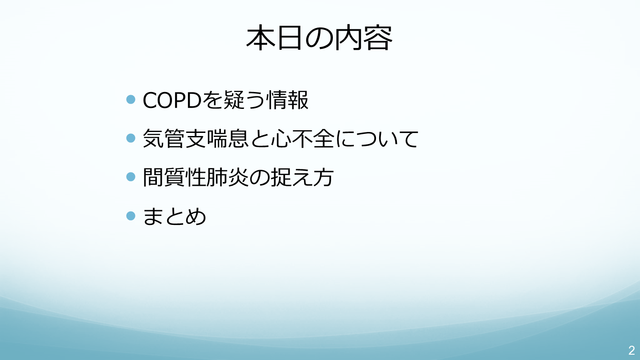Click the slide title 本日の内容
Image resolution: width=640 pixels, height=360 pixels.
(320, 38)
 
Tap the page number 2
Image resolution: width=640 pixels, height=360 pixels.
(632, 350)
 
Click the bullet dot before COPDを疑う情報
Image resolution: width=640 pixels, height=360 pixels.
(131, 100)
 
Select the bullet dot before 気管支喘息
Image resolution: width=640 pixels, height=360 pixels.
(131, 138)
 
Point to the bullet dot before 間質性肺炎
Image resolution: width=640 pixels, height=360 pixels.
(131, 176)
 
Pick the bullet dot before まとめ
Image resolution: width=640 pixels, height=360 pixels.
(131, 216)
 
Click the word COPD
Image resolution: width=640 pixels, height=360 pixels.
(172, 100)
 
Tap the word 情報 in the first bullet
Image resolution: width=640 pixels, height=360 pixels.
(287, 100)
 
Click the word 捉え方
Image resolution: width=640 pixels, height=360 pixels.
(302, 177)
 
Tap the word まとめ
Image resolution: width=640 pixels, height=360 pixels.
(174, 216)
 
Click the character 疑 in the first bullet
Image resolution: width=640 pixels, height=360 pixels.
(234, 100)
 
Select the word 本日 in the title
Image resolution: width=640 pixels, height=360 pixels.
(274, 38)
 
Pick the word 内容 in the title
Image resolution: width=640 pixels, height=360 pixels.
(364, 38)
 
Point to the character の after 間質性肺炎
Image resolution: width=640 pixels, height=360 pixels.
(260, 177)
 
